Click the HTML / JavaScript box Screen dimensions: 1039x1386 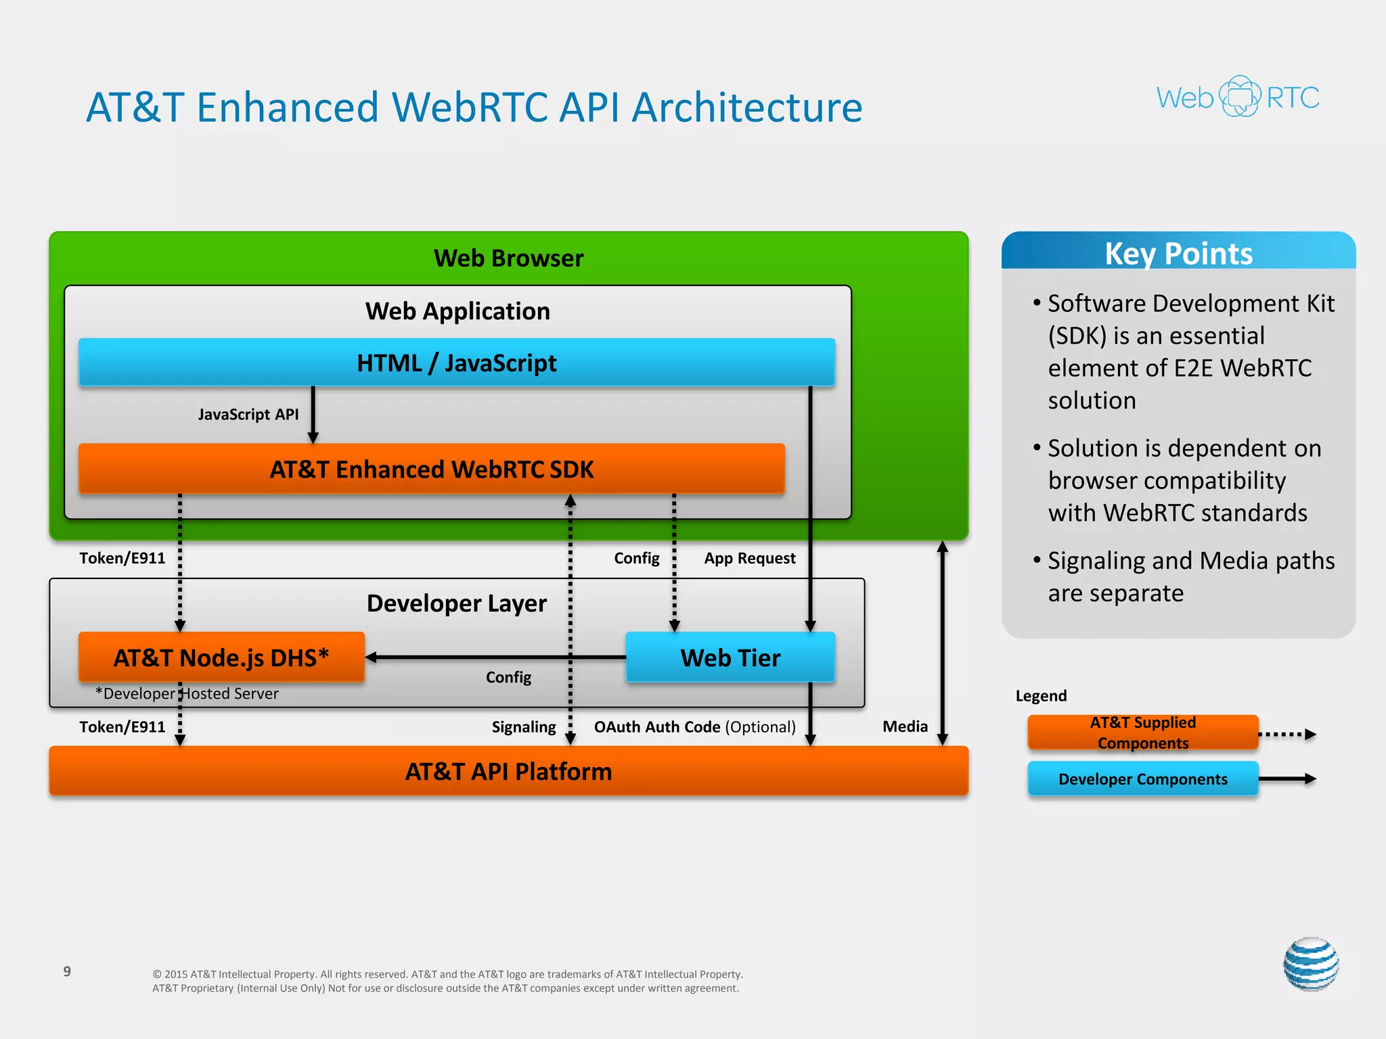click(457, 363)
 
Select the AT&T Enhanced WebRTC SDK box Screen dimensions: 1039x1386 click(432, 469)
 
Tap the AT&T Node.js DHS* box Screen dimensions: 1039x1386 click(221, 657)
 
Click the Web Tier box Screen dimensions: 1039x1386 click(730, 657)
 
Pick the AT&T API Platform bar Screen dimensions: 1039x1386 click(508, 771)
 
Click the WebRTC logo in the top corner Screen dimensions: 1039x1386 click(1238, 97)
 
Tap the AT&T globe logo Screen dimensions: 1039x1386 click(1311, 964)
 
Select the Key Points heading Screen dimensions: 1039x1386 click(1178, 254)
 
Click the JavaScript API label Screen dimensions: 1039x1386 click(248, 414)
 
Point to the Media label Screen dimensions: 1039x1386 click(905, 726)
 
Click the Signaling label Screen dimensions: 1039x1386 click(523, 727)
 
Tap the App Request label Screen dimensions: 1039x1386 click(749, 558)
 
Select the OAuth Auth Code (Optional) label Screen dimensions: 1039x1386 click(694, 727)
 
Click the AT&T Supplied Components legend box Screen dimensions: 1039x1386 click(1142, 733)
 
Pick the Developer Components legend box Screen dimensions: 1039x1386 click(1142, 779)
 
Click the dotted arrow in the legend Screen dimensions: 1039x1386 click(1287, 734)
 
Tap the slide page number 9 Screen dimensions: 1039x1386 click(67, 971)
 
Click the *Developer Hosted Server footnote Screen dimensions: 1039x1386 click(187, 693)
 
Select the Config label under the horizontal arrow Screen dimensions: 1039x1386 click(508, 677)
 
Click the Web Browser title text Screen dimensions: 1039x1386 click(508, 258)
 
